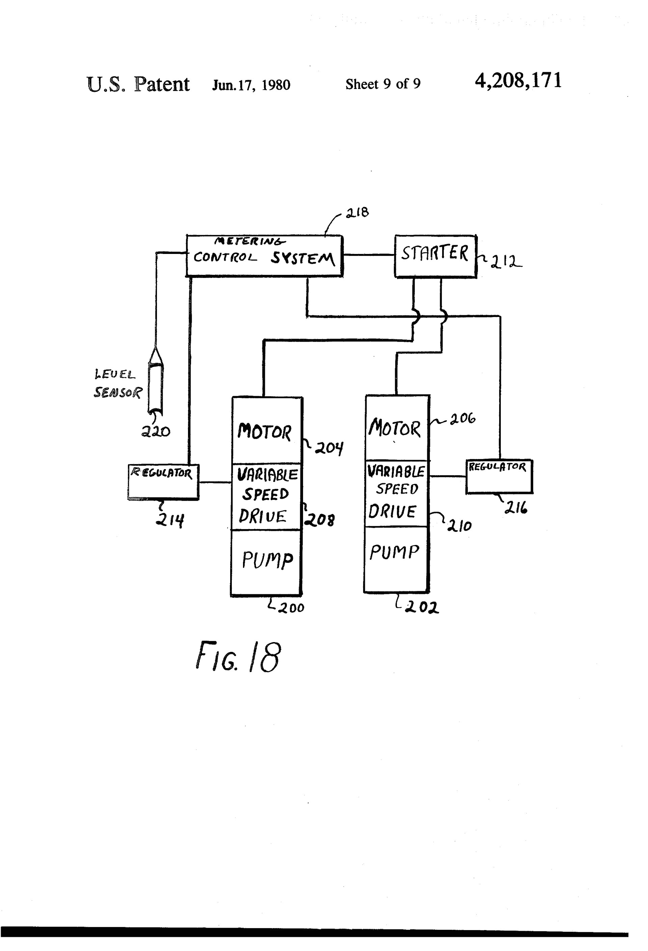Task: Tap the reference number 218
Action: [357, 212]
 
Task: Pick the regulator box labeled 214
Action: [163, 482]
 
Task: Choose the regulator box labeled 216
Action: [499, 476]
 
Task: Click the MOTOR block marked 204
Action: [266, 431]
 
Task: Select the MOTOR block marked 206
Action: [396, 428]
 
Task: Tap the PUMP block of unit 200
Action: [266, 562]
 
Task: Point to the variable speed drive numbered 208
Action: [266, 496]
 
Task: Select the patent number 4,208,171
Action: [518, 81]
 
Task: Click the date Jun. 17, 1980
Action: [251, 85]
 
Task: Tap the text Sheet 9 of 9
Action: [383, 84]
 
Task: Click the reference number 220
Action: [156, 431]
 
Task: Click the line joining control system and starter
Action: [369, 255]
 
